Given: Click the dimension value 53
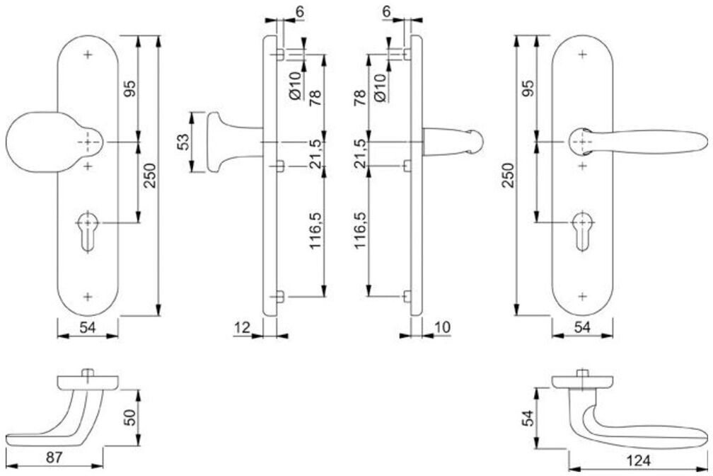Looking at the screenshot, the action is click(x=182, y=142).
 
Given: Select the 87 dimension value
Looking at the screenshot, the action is click(x=54, y=457).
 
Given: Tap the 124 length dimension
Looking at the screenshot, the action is click(x=639, y=460).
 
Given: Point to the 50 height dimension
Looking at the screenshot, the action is click(x=130, y=417).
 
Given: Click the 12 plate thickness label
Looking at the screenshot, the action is click(x=243, y=327).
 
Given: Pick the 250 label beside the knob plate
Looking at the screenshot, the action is click(x=150, y=176).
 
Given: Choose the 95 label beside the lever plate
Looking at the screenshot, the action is click(x=528, y=89).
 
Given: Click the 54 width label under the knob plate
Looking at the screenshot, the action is click(x=88, y=327).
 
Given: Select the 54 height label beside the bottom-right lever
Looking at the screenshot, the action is click(x=528, y=417).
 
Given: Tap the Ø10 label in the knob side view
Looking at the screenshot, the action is click(x=295, y=85).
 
